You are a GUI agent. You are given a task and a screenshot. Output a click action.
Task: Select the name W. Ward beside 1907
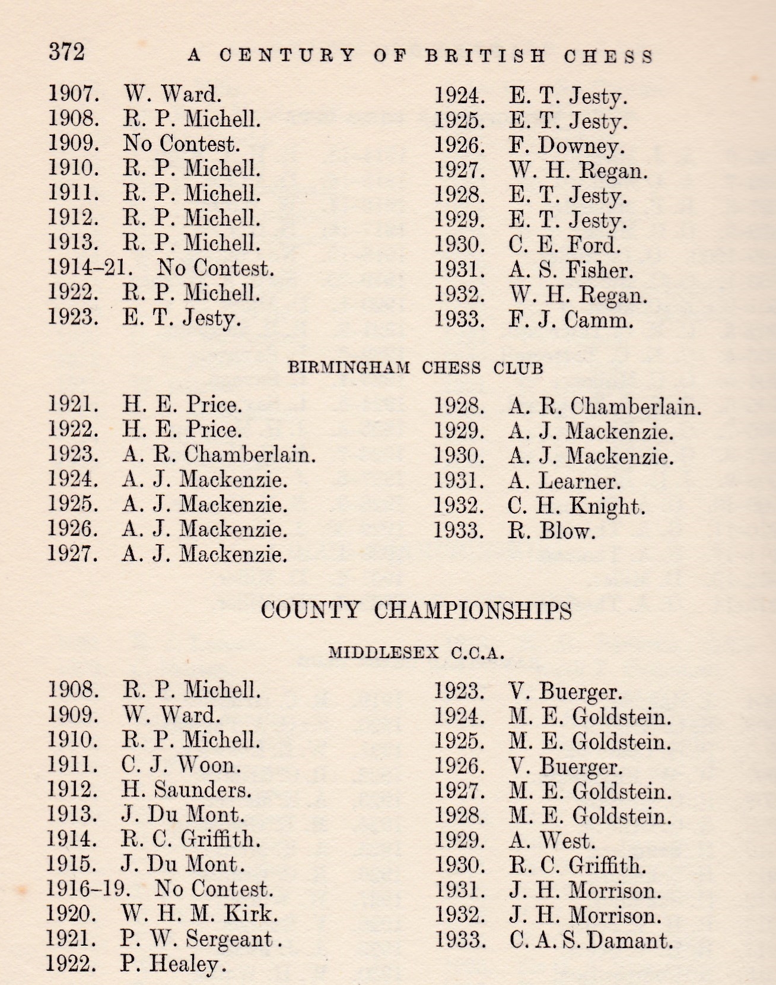click(172, 93)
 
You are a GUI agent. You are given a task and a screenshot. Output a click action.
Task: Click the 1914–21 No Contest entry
click(161, 268)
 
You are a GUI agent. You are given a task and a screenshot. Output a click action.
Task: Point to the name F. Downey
click(567, 146)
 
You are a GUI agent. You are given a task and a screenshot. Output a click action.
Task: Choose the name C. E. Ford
click(564, 244)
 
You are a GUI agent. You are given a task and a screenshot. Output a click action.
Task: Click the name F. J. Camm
click(571, 320)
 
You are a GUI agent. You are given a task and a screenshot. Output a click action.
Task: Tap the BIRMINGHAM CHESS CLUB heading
click(415, 368)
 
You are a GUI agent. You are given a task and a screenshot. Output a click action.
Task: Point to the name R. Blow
click(552, 530)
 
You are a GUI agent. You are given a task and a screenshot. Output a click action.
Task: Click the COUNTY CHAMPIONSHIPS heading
click(416, 610)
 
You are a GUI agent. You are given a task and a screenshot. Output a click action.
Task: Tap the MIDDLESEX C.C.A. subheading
click(416, 653)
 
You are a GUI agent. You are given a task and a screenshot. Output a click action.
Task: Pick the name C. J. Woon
click(182, 764)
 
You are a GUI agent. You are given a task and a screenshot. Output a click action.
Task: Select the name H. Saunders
click(187, 789)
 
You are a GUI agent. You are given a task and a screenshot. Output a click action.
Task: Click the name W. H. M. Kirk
click(199, 913)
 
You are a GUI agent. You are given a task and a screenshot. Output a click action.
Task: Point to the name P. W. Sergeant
click(202, 939)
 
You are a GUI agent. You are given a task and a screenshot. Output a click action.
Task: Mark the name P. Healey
click(173, 964)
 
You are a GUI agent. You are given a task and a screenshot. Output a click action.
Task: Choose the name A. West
click(552, 840)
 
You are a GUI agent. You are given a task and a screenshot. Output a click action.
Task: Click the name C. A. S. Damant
click(591, 940)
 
